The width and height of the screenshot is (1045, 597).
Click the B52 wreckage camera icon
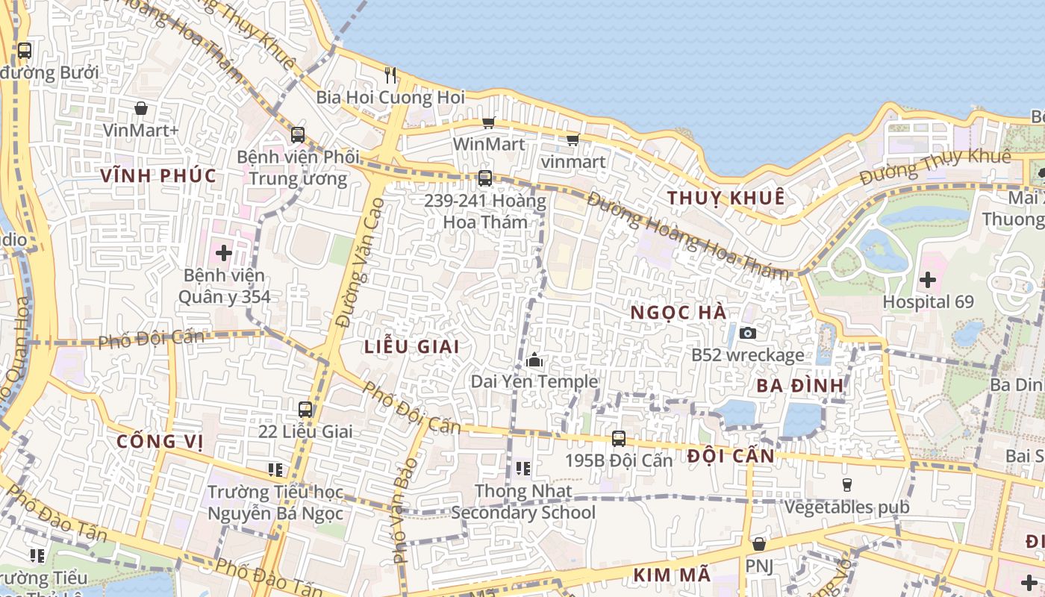(x=748, y=333)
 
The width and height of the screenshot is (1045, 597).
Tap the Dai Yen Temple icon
(x=534, y=360)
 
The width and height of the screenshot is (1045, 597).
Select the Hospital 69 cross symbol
(x=928, y=281)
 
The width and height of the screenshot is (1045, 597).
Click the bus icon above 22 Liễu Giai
(x=305, y=409)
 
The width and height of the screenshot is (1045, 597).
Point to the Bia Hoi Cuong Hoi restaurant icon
(x=390, y=75)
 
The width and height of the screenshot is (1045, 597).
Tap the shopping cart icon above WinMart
(x=489, y=122)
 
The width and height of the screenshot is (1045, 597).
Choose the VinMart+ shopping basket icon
(x=141, y=108)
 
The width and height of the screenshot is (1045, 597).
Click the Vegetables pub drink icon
(x=846, y=485)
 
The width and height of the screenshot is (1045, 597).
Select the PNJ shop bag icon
(x=759, y=544)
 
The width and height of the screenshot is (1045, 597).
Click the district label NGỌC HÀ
(x=679, y=313)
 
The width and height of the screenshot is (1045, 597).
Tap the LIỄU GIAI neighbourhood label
(x=411, y=347)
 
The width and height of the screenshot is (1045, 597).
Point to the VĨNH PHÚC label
(x=158, y=176)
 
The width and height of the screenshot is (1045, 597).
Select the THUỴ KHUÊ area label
(x=726, y=198)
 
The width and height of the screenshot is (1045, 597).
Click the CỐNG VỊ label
(x=160, y=441)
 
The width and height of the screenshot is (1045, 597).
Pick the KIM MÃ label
(x=672, y=575)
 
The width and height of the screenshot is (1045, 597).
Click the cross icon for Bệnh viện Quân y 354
(x=224, y=252)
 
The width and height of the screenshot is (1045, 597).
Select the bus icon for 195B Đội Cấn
(x=619, y=438)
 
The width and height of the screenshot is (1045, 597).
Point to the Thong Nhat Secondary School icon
(x=523, y=469)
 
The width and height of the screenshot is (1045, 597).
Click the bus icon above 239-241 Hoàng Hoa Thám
(x=485, y=178)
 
